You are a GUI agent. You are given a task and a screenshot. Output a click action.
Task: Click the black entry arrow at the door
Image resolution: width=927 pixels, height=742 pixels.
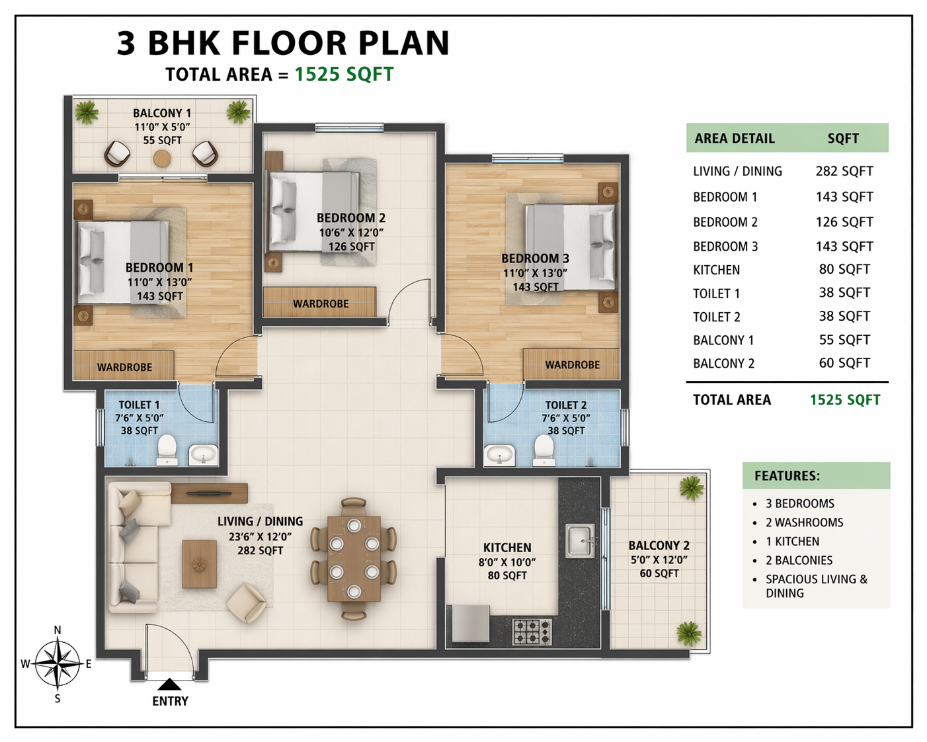pos(169,684)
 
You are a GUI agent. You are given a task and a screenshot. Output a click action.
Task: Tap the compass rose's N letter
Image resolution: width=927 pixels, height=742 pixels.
pos(58,630)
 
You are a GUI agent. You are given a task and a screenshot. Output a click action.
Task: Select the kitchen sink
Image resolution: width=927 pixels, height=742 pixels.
pos(580,540)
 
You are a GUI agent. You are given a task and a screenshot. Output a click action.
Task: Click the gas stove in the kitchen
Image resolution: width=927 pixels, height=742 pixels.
pos(532,632)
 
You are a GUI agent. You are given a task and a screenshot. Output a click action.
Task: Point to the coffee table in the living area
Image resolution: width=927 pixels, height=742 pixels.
pos(200,563)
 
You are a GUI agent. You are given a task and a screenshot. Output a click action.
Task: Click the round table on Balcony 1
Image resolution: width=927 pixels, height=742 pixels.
pos(163,159)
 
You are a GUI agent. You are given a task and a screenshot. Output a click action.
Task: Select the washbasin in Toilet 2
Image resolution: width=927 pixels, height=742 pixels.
pos(500,455)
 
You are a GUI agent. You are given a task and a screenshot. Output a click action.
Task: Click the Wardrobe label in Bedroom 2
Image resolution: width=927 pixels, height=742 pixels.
pos(321,304)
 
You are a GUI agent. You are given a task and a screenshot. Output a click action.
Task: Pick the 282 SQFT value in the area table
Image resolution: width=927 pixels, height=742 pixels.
pos(844,171)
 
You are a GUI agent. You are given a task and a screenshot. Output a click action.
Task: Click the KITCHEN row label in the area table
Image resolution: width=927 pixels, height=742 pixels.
pos(716,270)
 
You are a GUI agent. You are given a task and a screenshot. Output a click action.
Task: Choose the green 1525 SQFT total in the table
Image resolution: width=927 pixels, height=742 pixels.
pos(845,399)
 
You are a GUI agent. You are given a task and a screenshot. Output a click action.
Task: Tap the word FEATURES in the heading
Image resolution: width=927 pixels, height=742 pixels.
pos(787,475)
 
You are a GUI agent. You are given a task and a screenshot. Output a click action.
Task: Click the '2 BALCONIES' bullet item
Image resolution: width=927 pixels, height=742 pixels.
pos(799,560)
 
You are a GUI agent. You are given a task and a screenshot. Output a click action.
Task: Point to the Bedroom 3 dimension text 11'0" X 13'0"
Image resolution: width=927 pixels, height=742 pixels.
pos(536,273)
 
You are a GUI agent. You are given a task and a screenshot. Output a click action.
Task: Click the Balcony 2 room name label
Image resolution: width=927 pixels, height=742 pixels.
pos(659,546)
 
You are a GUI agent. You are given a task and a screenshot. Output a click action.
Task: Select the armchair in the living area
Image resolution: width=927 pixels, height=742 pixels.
pos(246,602)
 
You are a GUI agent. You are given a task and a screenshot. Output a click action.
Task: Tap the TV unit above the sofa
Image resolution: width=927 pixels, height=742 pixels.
pos(210,493)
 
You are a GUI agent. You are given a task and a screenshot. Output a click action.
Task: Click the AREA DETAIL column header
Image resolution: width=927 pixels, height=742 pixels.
pos(735,138)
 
